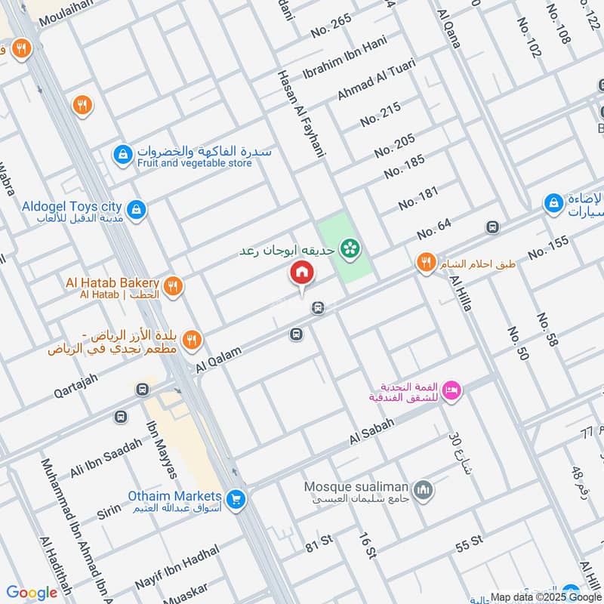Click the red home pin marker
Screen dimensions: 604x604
coord(301,273)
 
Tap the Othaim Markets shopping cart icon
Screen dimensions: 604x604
coord(236,499)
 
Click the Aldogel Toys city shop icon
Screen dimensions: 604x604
coord(136,208)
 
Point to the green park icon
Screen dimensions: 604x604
coord(349,247)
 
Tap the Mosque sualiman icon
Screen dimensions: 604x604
coord(424,489)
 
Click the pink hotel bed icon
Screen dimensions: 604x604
coord(451,390)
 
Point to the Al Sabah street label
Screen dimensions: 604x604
coord(372,432)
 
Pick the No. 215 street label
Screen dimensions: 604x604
coord(380,114)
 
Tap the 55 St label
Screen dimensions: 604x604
coord(469,544)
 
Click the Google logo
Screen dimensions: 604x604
coord(31,593)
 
